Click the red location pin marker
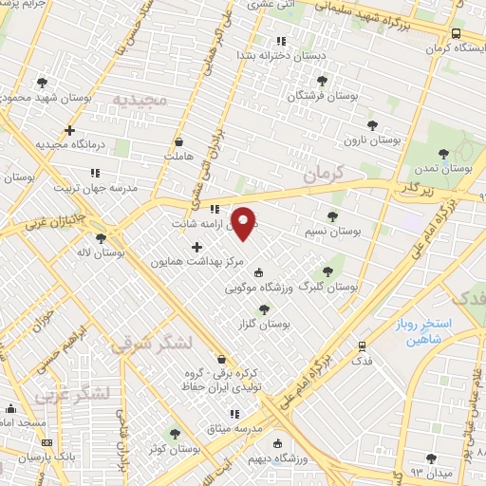coord(244,224)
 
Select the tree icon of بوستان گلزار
coord(264,308)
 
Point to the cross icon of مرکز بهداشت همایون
coord(196,247)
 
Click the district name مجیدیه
coord(140,99)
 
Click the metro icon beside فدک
coord(361,346)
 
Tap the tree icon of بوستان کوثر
coord(173,434)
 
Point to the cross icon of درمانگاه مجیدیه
coord(69,130)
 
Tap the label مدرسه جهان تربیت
coord(95,188)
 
